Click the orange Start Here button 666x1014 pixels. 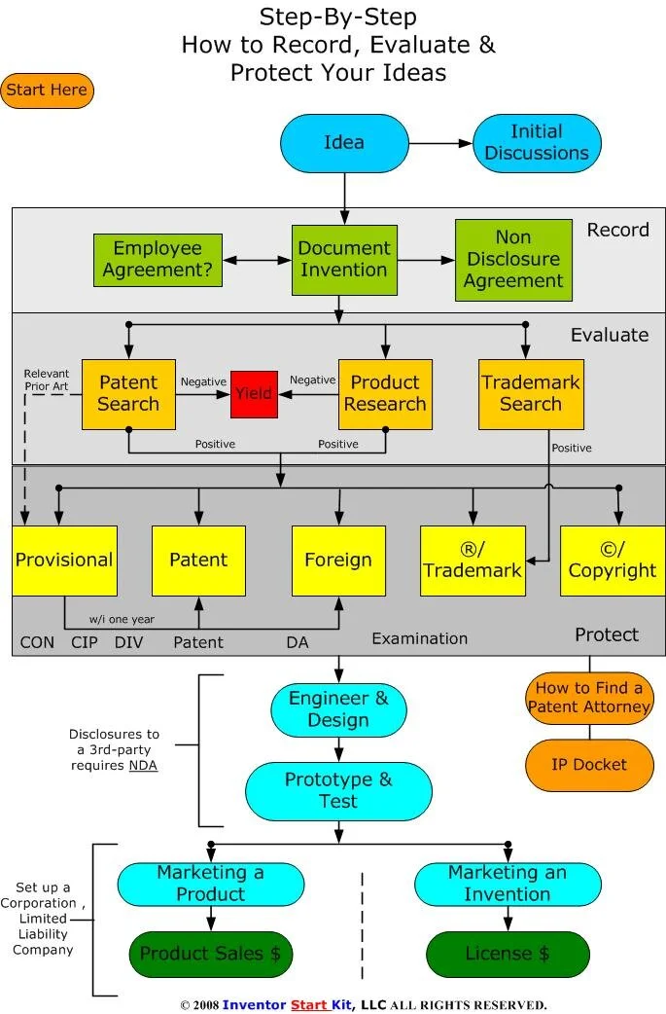(47, 91)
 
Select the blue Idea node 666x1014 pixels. (343, 142)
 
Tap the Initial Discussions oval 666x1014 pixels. (537, 142)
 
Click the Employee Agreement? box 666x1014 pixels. (157, 260)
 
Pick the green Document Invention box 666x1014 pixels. (343, 260)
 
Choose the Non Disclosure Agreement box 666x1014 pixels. (513, 260)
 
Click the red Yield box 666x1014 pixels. (254, 394)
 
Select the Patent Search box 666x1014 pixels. (128, 394)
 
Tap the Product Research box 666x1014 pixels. (386, 394)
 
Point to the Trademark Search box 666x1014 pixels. (531, 394)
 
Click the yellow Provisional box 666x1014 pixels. (64, 561)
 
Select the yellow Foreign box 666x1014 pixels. (338, 561)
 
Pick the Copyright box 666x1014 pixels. (612, 561)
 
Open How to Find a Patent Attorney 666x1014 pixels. (588, 697)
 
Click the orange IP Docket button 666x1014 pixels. (588, 765)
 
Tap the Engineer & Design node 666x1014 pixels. (338, 709)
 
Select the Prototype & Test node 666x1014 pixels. (338, 790)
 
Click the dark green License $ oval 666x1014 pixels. (508, 954)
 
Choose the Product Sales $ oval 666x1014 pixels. (211, 954)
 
